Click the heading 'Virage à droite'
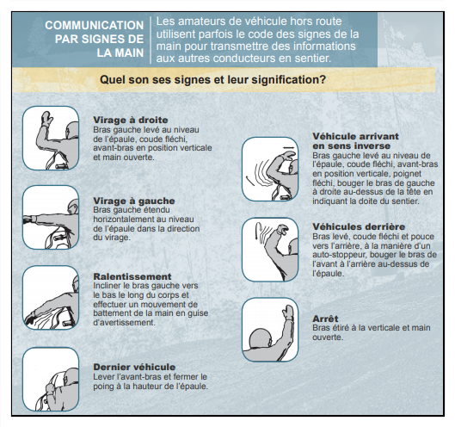(x=131, y=120)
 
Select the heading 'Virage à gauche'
(x=134, y=201)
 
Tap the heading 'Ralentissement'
(x=132, y=276)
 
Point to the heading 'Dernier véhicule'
(x=134, y=367)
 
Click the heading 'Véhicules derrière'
(x=359, y=226)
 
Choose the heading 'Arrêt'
(x=325, y=319)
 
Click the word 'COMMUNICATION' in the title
(x=95, y=25)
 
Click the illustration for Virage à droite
(x=51, y=138)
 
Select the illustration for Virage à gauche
(x=51, y=217)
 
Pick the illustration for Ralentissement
(x=51, y=298)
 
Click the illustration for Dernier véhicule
(x=51, y=379)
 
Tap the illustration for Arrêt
(x=270, y=330)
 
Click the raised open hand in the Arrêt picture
(x=288, y=313)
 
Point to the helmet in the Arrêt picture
(x=261, y=339)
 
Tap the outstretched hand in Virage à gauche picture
(x=28, y=219)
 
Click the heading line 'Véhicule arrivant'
(x=355, y=136)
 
